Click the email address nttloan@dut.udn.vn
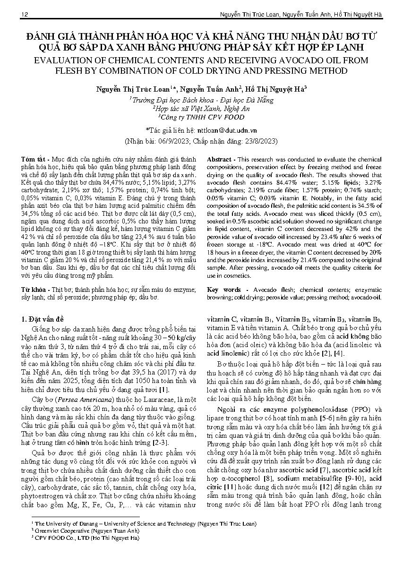pos(228,129)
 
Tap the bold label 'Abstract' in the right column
pos(219,160)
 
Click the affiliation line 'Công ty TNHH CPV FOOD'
pos(201,117)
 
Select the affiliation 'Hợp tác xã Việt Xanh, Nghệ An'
pos(201,108)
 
